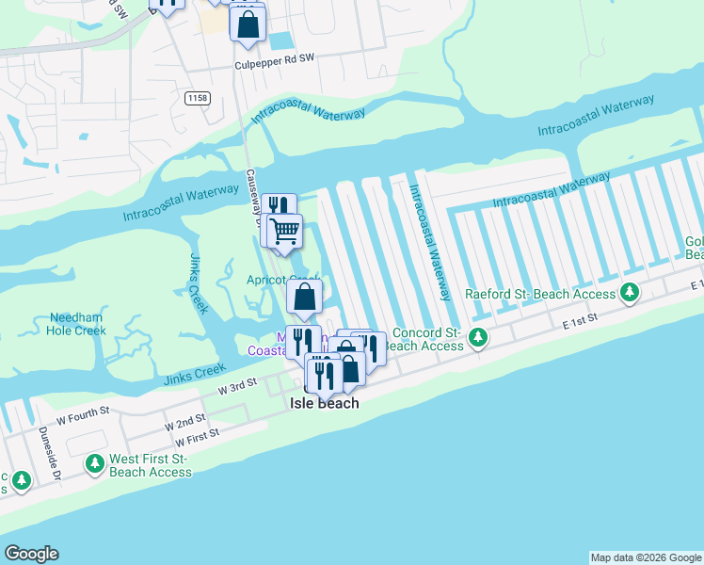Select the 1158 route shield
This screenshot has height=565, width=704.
click(x=197, y=98)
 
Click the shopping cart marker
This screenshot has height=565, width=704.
click(x=284, y=231)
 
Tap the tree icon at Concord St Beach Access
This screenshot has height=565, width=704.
click(x=478, y=336)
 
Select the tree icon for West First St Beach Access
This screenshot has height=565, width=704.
click(x=94, y=463)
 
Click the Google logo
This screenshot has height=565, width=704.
click(x=31, y=554)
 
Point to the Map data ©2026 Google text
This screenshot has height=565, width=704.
click(x=645, y=557)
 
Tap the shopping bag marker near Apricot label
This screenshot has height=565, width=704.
click(x=304, y=298)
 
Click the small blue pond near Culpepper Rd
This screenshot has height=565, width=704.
click(x=280, y=41)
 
